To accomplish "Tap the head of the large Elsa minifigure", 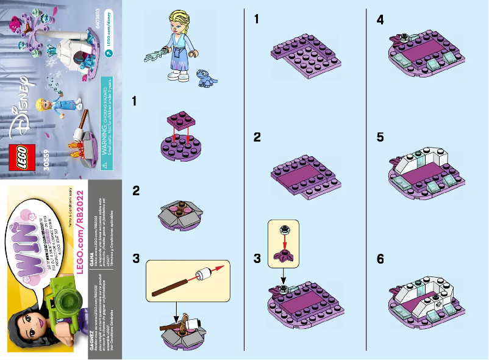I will click(181, 19).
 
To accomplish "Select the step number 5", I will click(380, 137).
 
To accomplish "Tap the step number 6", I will click(380, 259).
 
